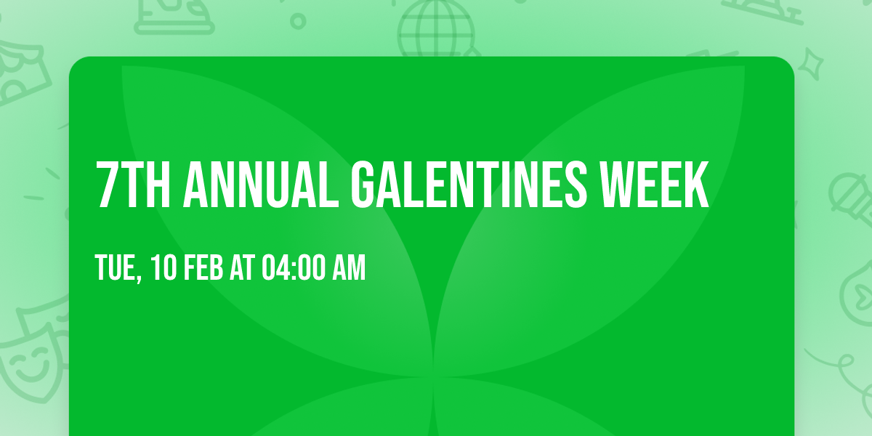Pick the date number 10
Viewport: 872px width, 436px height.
tap(163, 268)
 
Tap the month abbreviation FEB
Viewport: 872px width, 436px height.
tap(204, 268)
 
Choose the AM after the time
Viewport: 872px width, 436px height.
tap(349, 268)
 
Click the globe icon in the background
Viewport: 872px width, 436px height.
tap(436, 29)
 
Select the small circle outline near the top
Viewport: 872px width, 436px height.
tap(298, 20)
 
